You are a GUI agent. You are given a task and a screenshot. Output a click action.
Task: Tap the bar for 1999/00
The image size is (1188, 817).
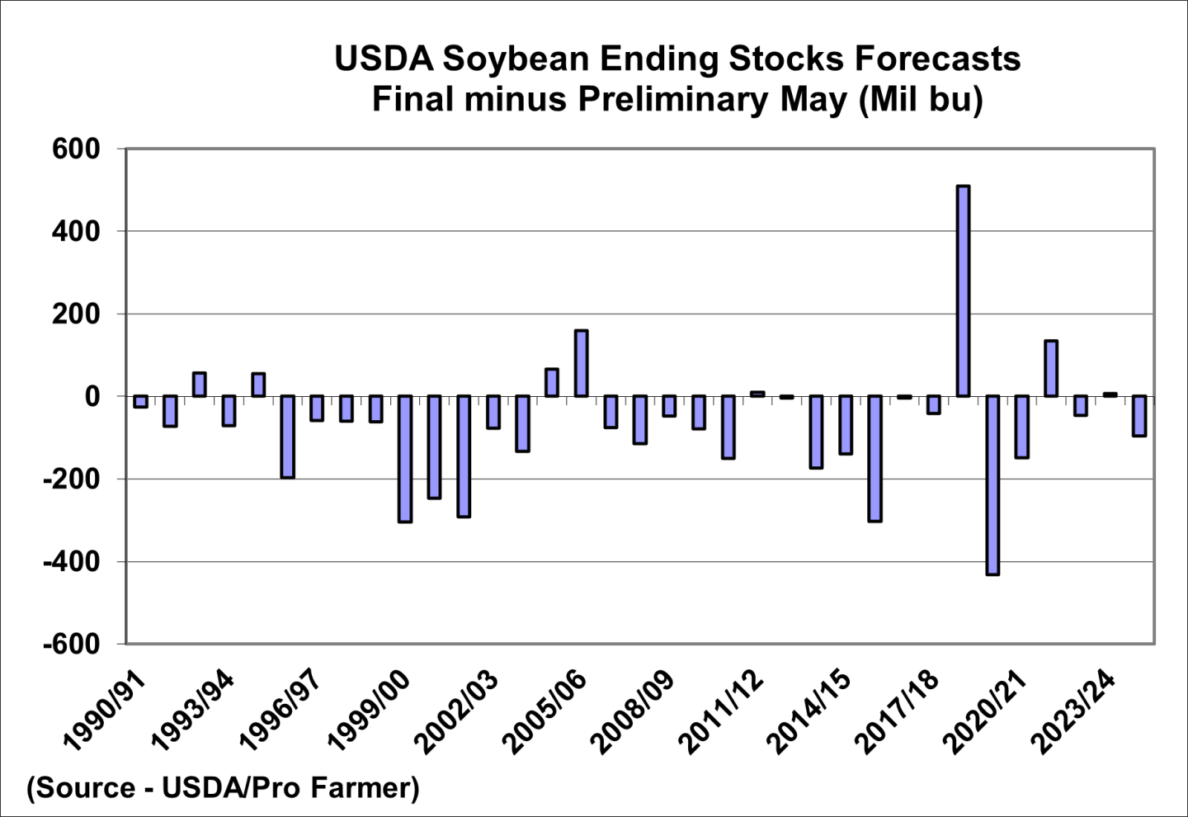click(405, 459)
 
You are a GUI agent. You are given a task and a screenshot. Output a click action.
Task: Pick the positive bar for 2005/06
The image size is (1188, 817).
click(581, 363)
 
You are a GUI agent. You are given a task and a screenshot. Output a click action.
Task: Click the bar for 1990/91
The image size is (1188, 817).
click(140, 402)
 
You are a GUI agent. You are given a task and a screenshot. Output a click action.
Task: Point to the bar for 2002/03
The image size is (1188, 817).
click(493, 412)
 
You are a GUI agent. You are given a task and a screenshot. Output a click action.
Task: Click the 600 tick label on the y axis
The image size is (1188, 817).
click(75, 149)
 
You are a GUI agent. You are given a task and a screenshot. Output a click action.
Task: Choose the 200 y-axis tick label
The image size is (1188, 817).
click(75, 314)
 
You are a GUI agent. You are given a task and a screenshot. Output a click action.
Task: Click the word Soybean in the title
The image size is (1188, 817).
click(516, 59)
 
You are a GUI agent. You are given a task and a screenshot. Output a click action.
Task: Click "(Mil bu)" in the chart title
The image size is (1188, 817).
click(920, 99)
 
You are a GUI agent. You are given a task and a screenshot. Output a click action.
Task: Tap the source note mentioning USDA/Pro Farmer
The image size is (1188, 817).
click(224, 787)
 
